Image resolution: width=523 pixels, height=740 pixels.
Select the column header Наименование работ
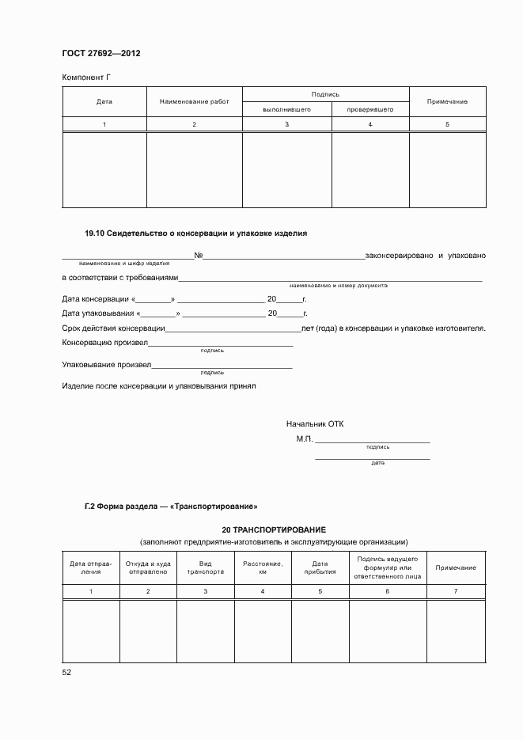[194, 101]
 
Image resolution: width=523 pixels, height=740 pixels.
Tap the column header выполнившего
[286, 109]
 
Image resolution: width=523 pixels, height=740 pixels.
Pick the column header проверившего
[370, 109]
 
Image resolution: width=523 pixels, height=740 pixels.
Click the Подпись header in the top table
[325, 94]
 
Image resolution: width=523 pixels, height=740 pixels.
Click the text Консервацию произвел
[104, 342]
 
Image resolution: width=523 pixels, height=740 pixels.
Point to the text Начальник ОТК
[315, 424]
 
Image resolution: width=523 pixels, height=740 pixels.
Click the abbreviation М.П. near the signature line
[305, 438]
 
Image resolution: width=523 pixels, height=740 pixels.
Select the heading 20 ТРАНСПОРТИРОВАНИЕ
[274, 529]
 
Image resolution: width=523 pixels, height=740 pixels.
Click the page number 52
[66, 672]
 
